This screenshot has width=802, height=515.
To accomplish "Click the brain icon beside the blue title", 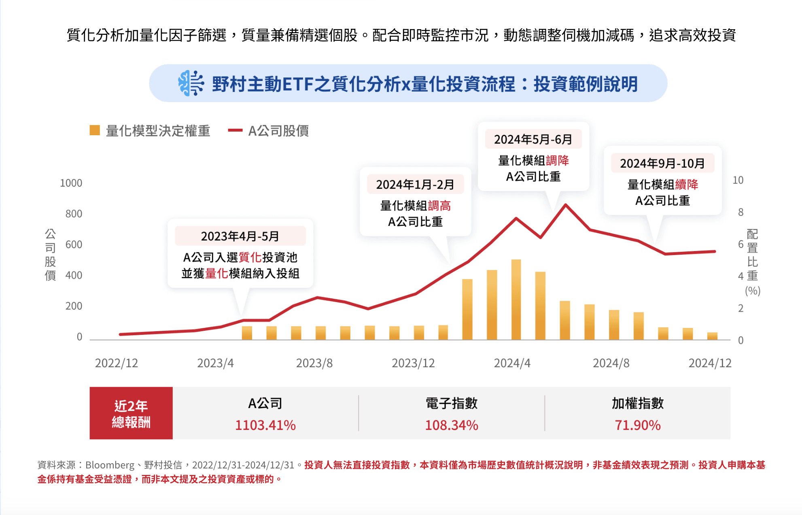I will pos(191,83).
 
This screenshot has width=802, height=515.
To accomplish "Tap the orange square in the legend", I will pos(95,130).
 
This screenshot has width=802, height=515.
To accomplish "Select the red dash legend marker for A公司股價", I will pos(235,130).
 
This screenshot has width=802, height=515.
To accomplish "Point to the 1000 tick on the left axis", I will pos(71,183).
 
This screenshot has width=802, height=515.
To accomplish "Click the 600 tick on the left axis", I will pos(74,245).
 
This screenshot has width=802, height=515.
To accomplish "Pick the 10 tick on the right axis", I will pos(738,181).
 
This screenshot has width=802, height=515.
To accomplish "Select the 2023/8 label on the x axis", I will pos(314,363).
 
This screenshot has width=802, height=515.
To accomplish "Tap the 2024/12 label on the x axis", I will pos(710,363).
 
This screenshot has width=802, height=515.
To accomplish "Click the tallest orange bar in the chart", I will pos(516,300).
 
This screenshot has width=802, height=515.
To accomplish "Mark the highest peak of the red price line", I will pos(566,205).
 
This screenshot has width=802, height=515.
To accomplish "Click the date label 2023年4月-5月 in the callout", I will pos(240,236).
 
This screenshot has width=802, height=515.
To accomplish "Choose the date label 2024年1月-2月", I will pos(415,185).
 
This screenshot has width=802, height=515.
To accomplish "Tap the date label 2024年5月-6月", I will pos(533,140).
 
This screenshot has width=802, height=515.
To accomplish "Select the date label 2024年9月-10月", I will pos(662,164).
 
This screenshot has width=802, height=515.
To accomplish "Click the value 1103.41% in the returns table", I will pos(265,425).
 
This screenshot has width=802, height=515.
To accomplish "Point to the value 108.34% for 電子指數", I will pos(452,425).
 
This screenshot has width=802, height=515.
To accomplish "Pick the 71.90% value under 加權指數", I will pos(638,425).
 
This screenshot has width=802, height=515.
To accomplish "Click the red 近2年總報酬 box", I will pos(131,413).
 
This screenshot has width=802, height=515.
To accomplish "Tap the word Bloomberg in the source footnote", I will pos(110,465).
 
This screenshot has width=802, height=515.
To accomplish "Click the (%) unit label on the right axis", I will pos(753,291).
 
